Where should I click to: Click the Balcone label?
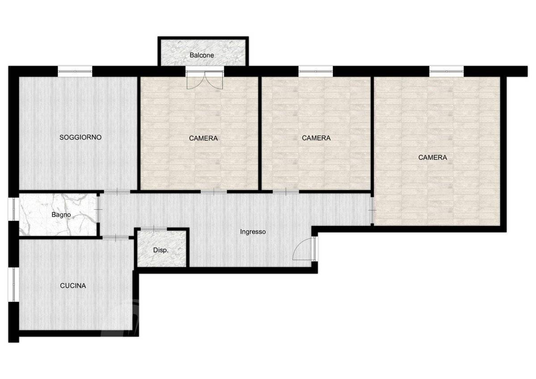click(x=202, y=55)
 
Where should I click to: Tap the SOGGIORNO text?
click(x=80, y=137)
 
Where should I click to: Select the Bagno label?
click(x=61, y=215)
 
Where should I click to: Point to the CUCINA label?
click(x=73, y=286)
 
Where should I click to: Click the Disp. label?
click(x=161, y=250)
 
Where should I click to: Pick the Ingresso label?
click(x=253, y=232)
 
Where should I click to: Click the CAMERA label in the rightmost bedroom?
click(x=433, y=157)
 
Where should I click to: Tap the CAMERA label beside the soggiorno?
click(x=203, y=138)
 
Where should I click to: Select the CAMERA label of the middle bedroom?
click(x=316, y=138)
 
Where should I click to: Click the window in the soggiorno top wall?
click(x=75, y=71)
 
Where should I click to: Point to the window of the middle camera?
click(x=316, y=71)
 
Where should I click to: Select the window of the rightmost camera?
click(x=447, y=71)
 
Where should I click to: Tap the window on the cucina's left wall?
click(x=14, y=284)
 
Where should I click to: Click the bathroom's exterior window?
click(x=14, y=209)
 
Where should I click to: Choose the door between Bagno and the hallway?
click(x=98, y=209)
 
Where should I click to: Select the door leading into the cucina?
click(x=116, y=237)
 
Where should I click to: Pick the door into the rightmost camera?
click(x=373, y=210)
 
